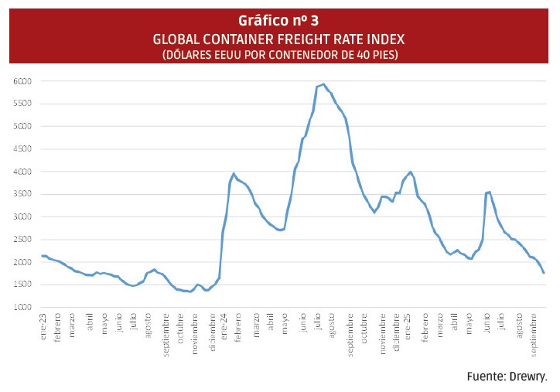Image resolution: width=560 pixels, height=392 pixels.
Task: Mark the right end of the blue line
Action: (x=544, y=273)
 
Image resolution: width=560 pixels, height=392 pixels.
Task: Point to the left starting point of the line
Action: (x=42, y=256)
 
